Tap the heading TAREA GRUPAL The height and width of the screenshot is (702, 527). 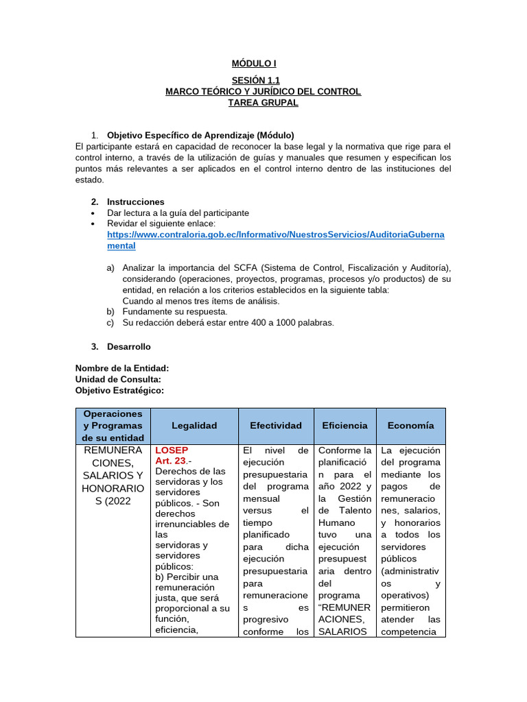(x=263, y=103)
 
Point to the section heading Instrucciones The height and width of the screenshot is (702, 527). (x=135, y=202)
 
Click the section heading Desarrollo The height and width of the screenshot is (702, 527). (x=128, y=346)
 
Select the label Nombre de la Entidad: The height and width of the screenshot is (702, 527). (x=122, y=368)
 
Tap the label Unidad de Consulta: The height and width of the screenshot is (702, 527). (x=118, y=379)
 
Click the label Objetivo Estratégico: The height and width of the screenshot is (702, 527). (x=119, y=390)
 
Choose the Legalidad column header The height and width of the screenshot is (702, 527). (x=194, y=426)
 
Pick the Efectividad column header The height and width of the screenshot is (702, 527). (x=276, y=426)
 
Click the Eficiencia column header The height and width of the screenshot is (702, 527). (x=344, y=426)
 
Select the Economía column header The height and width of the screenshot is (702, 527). (x=410, y=426)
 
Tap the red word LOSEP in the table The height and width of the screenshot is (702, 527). (x=172, y=450)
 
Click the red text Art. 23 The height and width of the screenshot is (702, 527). (x=171, y=461)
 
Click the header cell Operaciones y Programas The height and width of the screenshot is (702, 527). (x=113, y=426)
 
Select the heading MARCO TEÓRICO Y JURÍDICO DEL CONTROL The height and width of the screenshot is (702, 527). (x=263, y=92)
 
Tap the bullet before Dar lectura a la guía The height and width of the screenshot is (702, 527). (x=93, y=213)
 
